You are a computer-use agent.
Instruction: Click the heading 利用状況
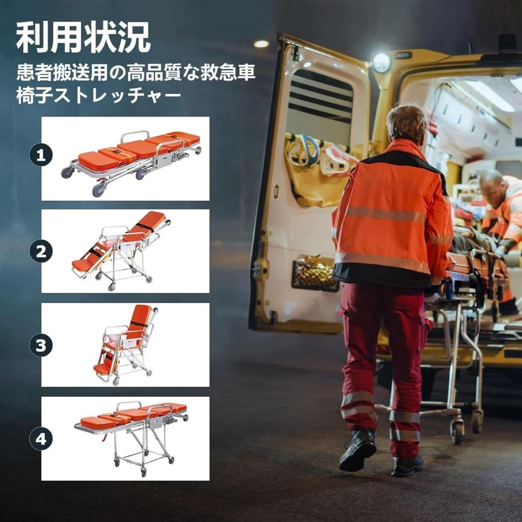[x=83, y=38]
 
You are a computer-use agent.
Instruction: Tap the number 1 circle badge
[x=41, y=155]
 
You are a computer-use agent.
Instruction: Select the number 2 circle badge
[x=41, y=251]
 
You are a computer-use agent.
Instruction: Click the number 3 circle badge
[x=41, y=346]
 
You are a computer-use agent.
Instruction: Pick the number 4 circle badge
[x=41, y=439]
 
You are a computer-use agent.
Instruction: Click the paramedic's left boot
[x=357, y=449]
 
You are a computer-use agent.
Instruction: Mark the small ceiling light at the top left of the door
[x=262, y=43]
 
